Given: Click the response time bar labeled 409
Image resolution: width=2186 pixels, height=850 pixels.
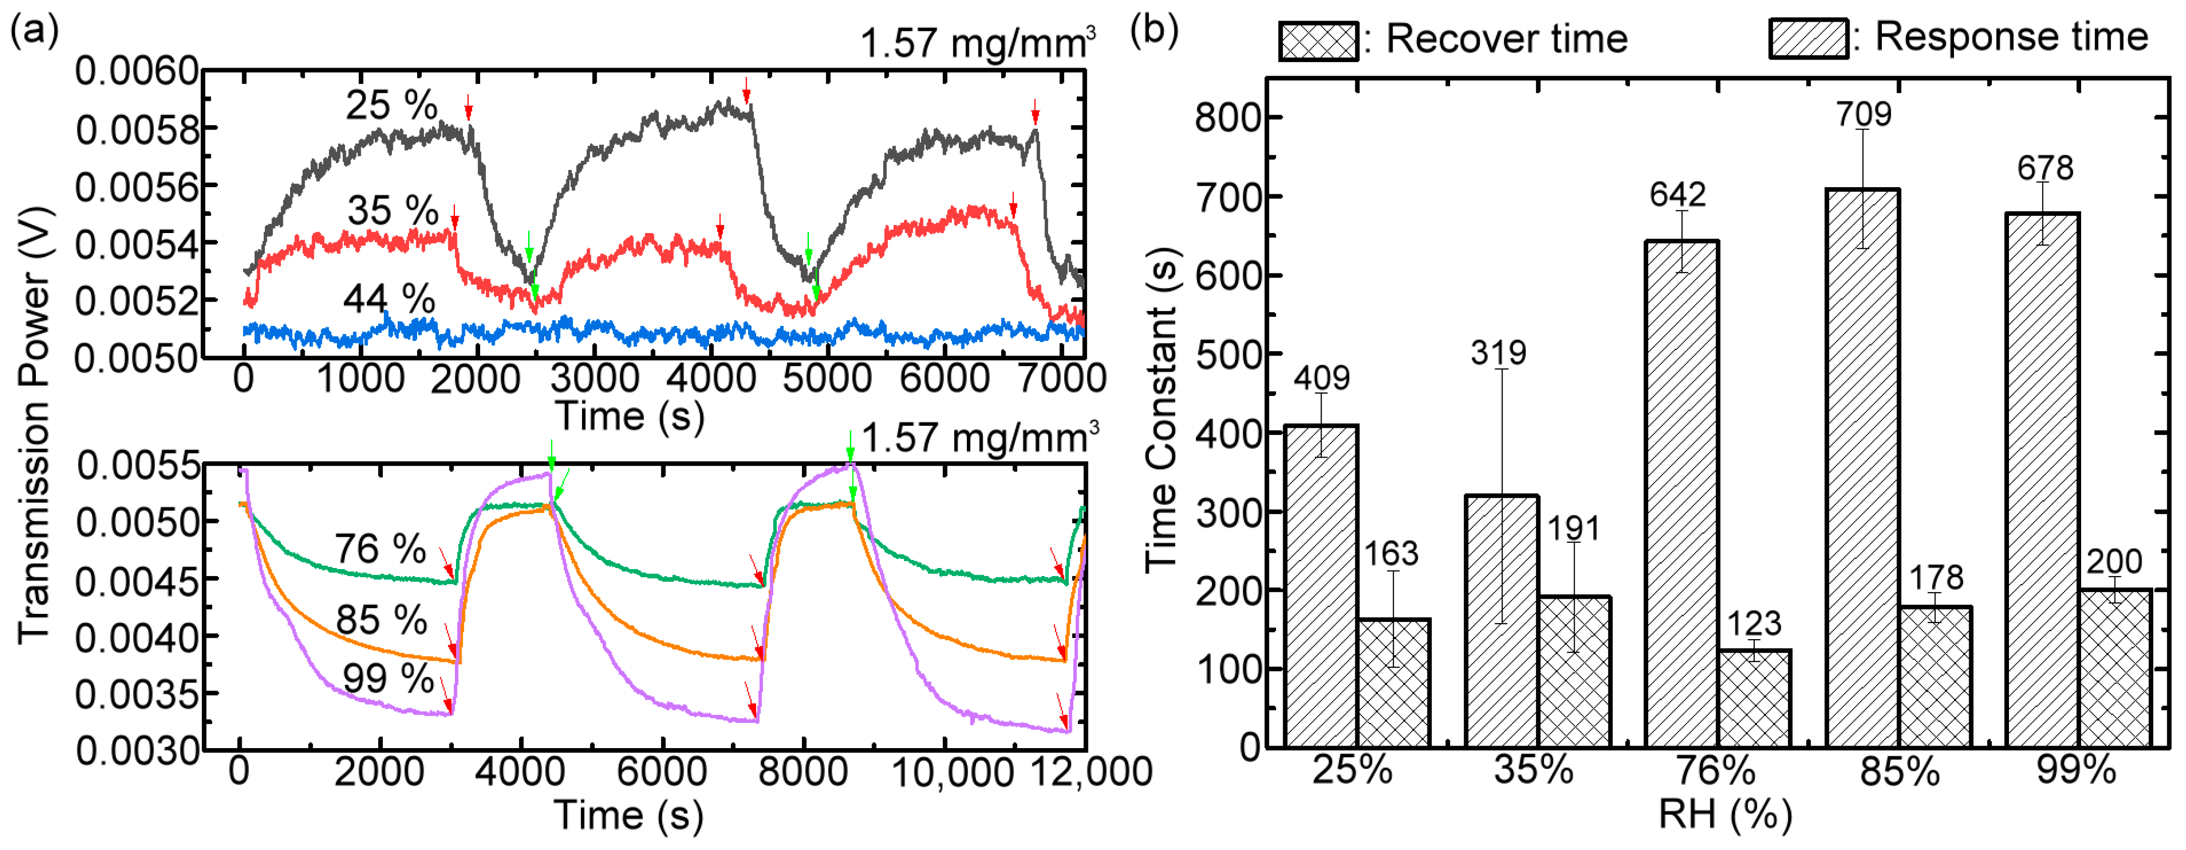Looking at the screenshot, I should tap(1321, 585).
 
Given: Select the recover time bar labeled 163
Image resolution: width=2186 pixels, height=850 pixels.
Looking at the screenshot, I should tap(1394, 683).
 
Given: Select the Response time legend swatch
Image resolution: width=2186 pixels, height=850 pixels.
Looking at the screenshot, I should tap(1808, 39).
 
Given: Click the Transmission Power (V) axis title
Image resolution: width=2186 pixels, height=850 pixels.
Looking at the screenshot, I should tap(34, 424).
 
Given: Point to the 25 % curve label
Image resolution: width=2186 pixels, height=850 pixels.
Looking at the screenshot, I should tap(391, 105).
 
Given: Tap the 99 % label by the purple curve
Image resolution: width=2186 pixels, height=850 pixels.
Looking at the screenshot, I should tap(388, 678).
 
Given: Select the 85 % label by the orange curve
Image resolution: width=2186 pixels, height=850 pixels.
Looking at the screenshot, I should tap(381, 620).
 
